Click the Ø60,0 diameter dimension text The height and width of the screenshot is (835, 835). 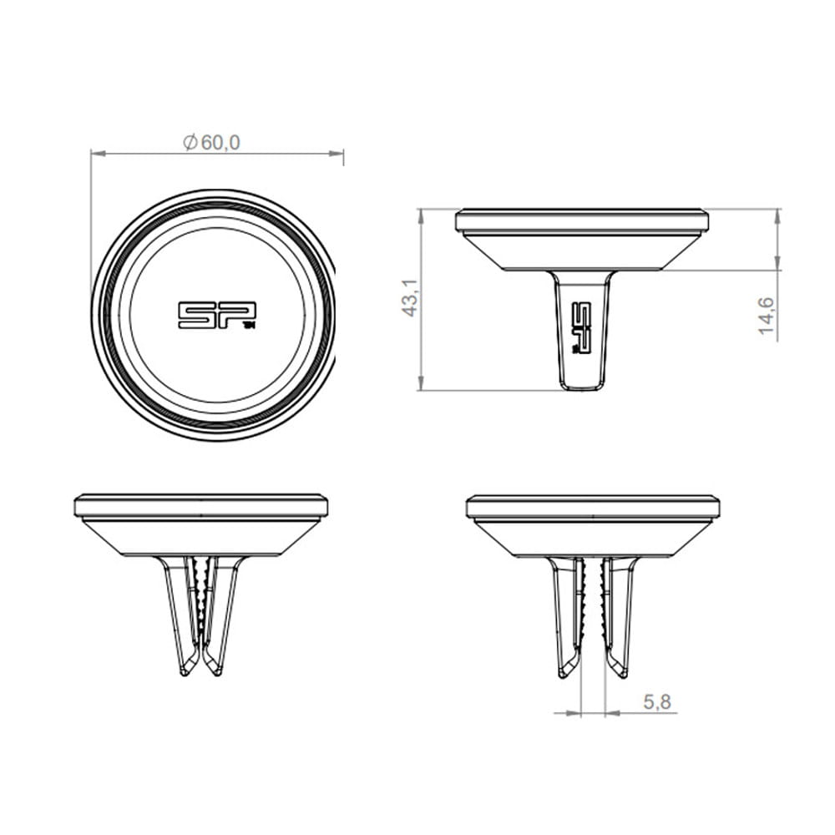[x=212, y=143]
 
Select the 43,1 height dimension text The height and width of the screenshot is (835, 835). [x=410, y=298]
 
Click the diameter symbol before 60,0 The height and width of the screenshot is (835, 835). [x=190, y=143]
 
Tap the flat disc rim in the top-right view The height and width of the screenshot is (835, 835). [x=582, y=220]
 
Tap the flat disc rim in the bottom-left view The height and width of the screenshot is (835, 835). [x=200, y=505]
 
